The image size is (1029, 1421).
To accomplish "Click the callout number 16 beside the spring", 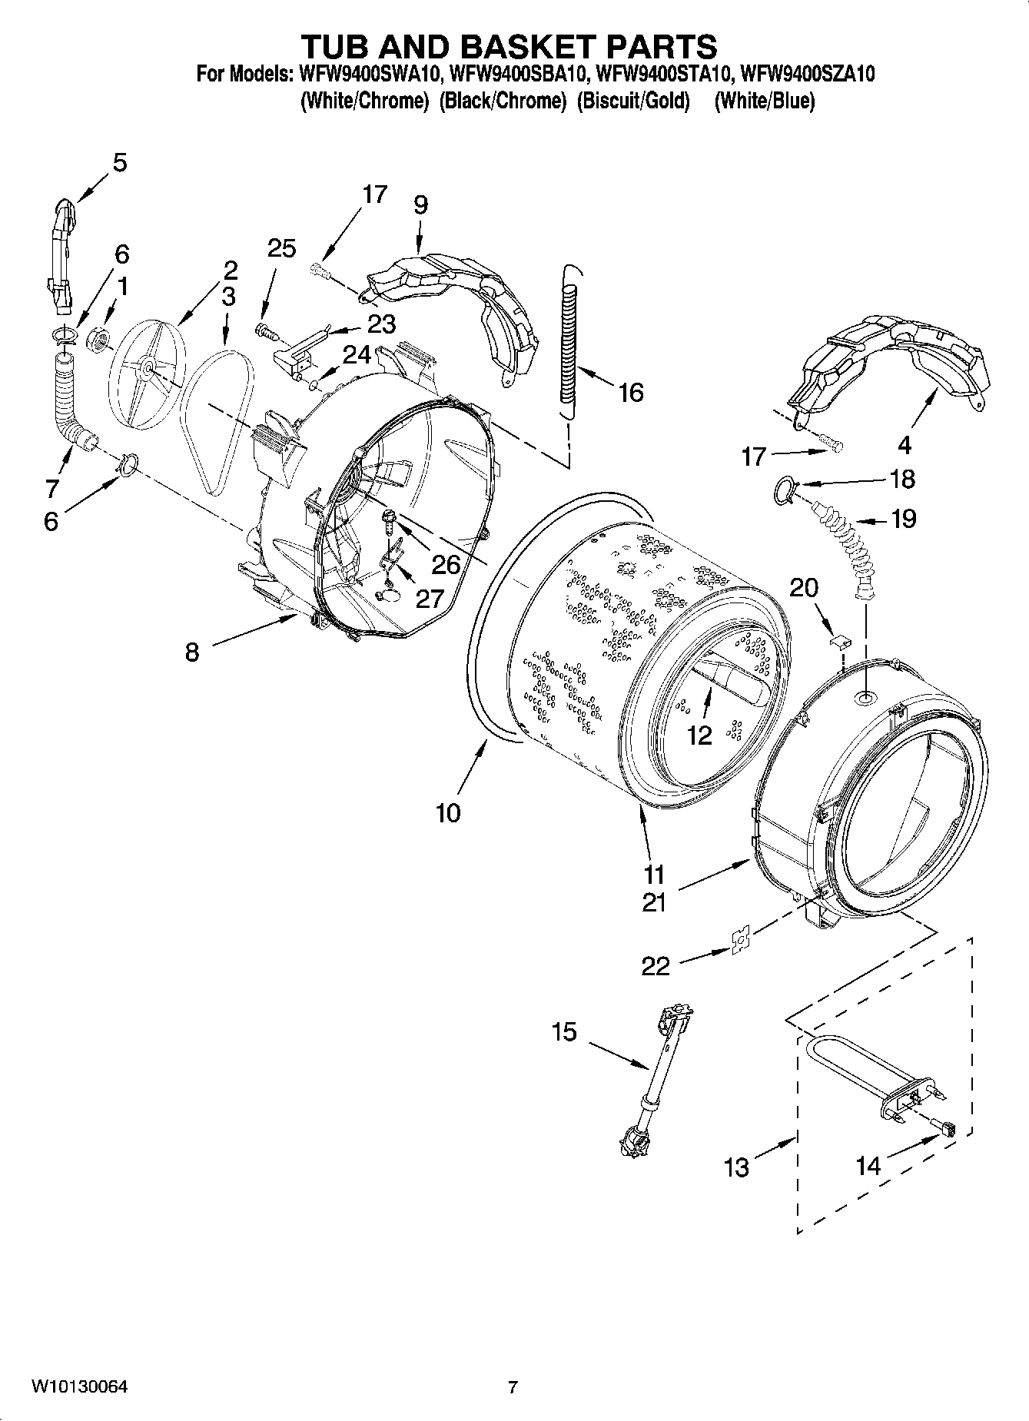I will point(630,393).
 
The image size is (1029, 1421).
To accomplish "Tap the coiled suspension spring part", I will point(569,342).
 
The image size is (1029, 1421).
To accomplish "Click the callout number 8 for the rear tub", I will point(191,652).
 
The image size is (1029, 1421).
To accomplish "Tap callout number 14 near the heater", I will point(868,1166).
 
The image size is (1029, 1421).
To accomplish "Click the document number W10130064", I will point(79,1387).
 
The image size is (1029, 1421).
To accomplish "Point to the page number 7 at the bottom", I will point(513,1387).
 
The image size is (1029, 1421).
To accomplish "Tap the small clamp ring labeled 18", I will point(785,490).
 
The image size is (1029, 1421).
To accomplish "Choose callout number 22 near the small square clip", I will point(656,966).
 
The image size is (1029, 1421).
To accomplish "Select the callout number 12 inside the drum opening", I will point(699,735).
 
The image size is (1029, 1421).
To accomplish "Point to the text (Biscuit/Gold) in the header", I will point(633,101).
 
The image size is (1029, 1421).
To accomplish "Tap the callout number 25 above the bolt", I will point(281,248).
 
